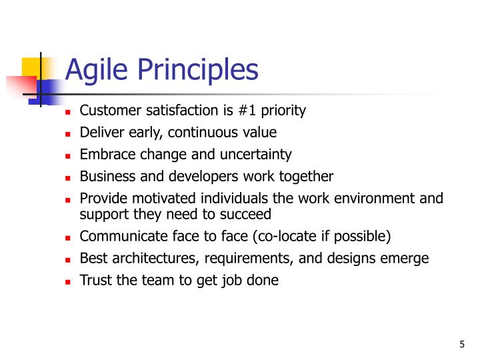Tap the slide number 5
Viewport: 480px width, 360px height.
pyautogui.click(x=461, y=344)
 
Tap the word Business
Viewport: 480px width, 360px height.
pyautogui.click(x=105, y=177)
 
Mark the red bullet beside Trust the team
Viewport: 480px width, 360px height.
pyautogui.click(x=67, y=281)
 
